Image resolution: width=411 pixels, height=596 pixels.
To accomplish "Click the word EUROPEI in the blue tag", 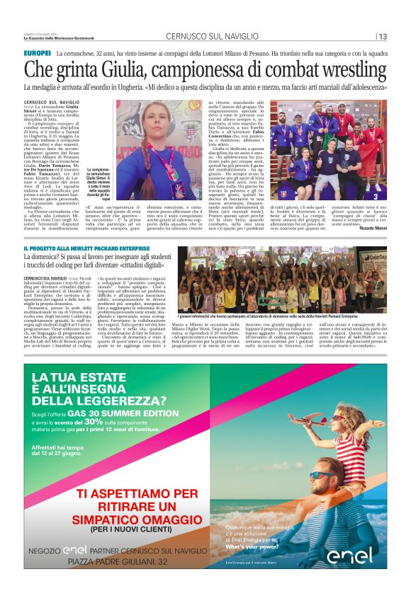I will (37, 53).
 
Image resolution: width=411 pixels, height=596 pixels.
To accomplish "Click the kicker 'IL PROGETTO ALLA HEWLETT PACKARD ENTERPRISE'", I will (86, 249).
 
